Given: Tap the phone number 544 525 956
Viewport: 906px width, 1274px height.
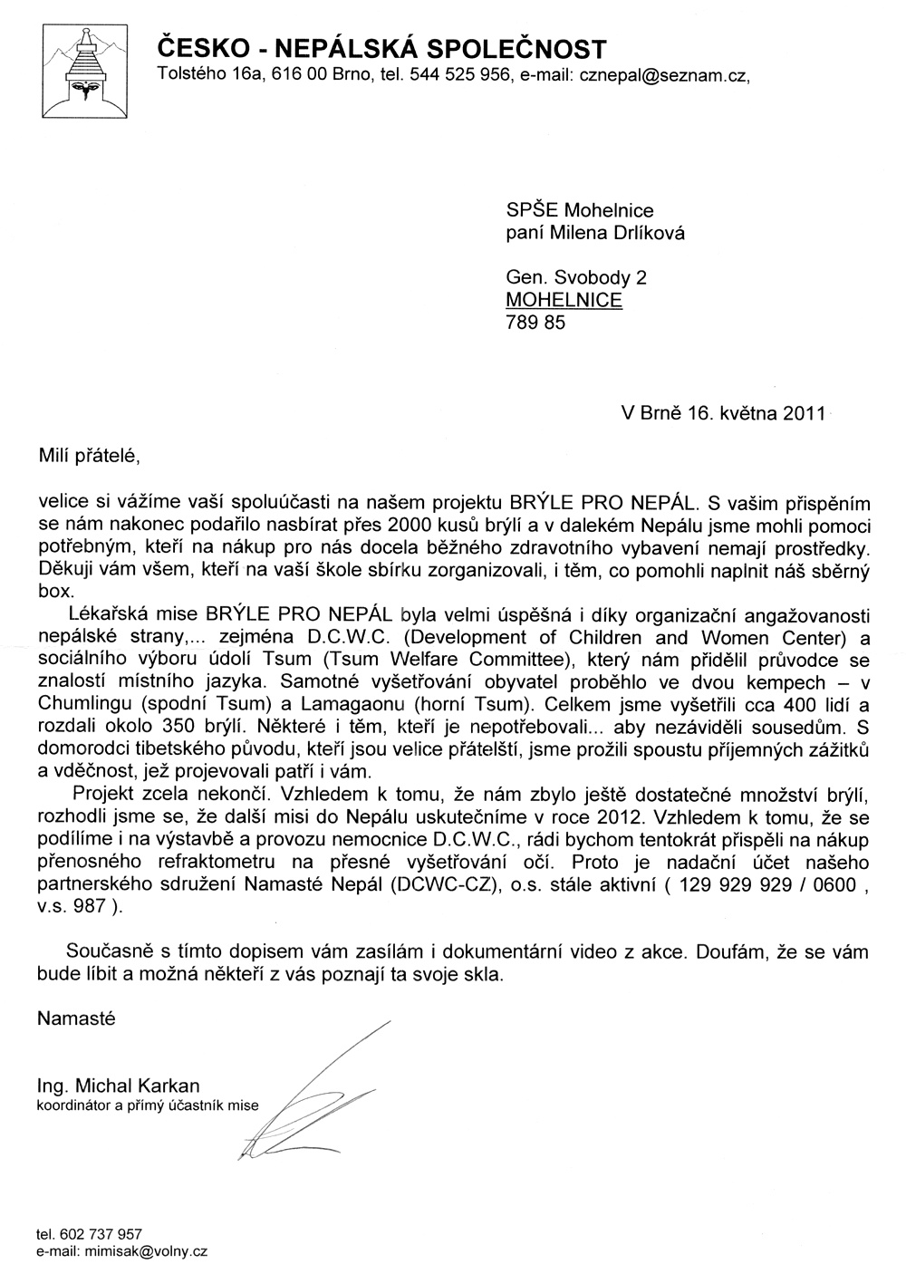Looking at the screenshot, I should pos(456,77).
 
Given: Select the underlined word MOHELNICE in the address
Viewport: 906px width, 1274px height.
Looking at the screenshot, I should pos(564,300).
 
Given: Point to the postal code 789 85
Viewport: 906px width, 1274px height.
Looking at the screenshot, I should pos(535,322).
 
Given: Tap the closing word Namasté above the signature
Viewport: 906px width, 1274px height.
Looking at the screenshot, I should pos(76,1018).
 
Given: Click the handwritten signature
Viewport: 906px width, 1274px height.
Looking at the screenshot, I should pos(308,1096).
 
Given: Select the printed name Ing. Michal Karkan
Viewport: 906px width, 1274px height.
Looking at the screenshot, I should pos(118,1086).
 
